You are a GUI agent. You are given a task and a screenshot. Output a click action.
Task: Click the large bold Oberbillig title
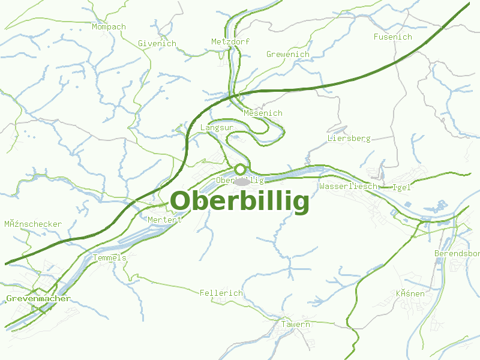pyautogui.click(x=240, y=202)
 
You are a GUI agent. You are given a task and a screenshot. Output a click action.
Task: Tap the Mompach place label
pyautogui.click(x=109, y=27)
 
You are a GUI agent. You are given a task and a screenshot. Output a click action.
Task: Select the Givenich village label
pyautogui.click(x=157, y=44)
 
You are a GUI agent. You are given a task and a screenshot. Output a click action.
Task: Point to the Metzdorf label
pyautogui.click(x=230, y=42)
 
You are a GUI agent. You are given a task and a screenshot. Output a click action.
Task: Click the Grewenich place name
pyautogui.click(x=288, y=55)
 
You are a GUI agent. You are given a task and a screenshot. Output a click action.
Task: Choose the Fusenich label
pyautogui.click(x=393, y=37)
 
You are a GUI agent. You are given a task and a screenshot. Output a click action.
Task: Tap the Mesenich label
pyautogui.click(x=263, y=113)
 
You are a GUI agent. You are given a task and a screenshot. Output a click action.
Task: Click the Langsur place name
pyautogui.click(x=217, y=128)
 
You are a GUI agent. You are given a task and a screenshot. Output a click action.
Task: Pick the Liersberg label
pyautogui.click(x=349, y=139)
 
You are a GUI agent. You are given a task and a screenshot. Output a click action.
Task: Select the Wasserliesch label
pyautogui.click(x=349, y=187)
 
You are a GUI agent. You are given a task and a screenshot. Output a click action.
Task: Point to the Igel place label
pyautogui.click(x=401, y=187)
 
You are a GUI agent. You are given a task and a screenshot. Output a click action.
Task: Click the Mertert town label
pyautogui.click(x=164, y=220)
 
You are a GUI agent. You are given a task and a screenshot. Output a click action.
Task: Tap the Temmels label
pyautogui.click(x=110, y=258)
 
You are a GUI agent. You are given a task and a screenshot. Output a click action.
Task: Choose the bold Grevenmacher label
pyautogui.click(x=38, y=298)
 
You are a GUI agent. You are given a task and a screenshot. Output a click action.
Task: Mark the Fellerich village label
pyautogui.click(x=221, y=293)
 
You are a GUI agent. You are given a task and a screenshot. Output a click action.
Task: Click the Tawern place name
pyautogui.click(x=296, y=325)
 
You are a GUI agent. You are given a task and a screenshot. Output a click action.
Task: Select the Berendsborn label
pyautogui.click(x=457, y=254)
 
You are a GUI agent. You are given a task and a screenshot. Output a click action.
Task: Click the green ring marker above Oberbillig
pyautogui.click(x=241, y=169)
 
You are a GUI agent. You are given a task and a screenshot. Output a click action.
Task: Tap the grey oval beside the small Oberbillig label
pyautogui.click(x=242, y=182)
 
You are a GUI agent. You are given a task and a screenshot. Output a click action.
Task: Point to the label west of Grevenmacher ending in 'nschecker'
pyautogui.click(x=33, y=224)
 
